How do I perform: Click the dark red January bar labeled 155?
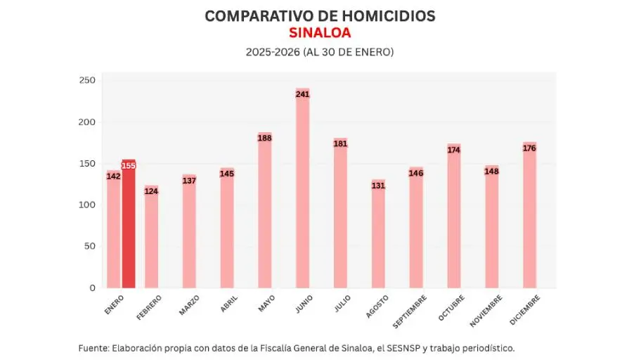point(129,224)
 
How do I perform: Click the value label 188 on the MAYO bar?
point(265,139)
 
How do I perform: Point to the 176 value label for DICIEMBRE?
point(529,148)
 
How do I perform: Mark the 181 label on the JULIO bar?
point(340,144)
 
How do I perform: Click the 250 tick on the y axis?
point(87,81)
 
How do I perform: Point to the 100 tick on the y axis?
point(87,205)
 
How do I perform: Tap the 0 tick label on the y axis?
point(92,288)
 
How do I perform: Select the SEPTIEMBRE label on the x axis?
point(409,311)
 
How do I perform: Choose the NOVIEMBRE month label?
point(486,311)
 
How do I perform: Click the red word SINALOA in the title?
point(320,33)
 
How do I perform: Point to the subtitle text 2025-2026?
point(272,52)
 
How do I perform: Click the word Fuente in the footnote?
point(93,348)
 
